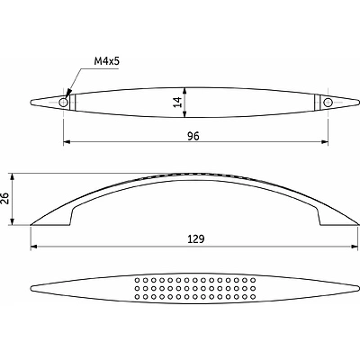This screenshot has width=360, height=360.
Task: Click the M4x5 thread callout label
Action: pos(107,61)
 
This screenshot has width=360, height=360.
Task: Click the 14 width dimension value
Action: pos(178,103)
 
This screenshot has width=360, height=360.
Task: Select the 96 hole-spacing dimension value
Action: pos(193,136)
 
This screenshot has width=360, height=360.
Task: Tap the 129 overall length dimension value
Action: pos(196,239)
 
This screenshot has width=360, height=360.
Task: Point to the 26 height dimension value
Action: pos(4,198)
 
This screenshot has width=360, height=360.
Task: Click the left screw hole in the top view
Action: pos(63,103)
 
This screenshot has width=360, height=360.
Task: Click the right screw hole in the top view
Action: pos(328,103)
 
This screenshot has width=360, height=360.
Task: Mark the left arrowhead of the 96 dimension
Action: pos(67,141)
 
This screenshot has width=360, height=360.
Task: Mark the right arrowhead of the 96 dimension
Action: pos(324,141)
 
